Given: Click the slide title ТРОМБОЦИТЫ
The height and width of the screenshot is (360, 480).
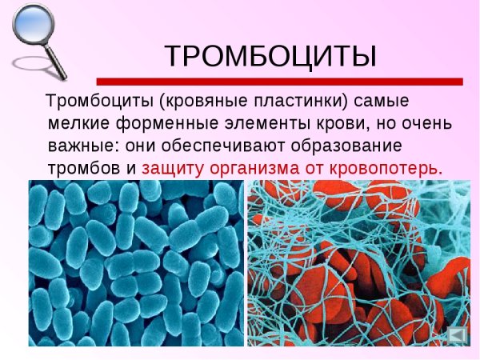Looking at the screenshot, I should pos(270,55).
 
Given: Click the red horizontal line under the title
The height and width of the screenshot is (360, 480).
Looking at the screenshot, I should pos(279,81).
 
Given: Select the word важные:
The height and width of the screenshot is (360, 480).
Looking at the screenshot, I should pos(80,147).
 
